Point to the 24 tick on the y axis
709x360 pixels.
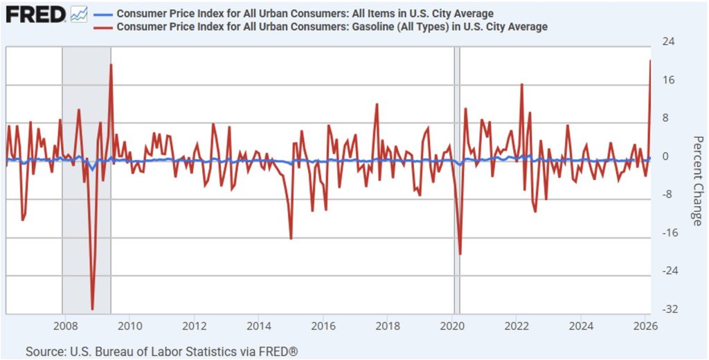tap(670, 42)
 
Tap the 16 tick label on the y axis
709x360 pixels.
tap(670, 80)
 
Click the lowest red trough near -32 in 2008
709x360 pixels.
tap(93, 309)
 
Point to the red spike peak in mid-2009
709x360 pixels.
tap(111, 64)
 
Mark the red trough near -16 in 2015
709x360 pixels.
tap(291, 239)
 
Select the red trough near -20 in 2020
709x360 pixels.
tap(460, 254)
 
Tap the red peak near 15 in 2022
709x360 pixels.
tap(521, 84)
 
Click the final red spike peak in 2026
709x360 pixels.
tap(651, 61)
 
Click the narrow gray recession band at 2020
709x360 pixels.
tap(457, 180)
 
